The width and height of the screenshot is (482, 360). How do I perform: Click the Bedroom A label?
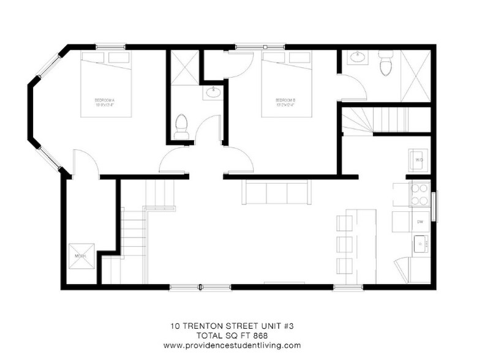tap(105, 102)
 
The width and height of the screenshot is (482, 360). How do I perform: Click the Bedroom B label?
tap(285, 102)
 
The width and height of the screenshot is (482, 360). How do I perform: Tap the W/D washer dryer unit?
tap(419, 160)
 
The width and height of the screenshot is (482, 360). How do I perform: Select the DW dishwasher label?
tap(420, 221)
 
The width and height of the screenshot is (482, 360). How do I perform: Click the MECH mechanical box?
tap(80, 255)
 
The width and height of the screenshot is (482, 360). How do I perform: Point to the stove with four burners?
tap(420, 195)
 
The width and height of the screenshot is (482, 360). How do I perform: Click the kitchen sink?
tap(420, 245)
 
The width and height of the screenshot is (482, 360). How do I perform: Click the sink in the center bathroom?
tap(213, 93)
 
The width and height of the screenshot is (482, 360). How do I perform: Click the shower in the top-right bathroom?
tap(416, 76)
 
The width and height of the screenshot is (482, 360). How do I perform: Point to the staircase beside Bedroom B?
tap(367, 119)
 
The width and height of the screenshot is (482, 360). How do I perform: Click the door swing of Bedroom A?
tap(85, 163)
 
